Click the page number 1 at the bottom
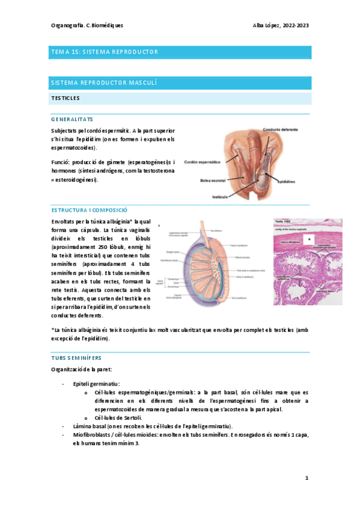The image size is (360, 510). (307, 479)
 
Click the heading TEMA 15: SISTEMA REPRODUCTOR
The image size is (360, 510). (105, 52)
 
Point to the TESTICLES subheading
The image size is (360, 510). (66, 97)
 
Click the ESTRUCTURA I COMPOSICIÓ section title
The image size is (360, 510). (90, 210)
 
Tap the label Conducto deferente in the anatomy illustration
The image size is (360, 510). (283, 129)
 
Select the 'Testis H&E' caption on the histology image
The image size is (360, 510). (283, 221)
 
